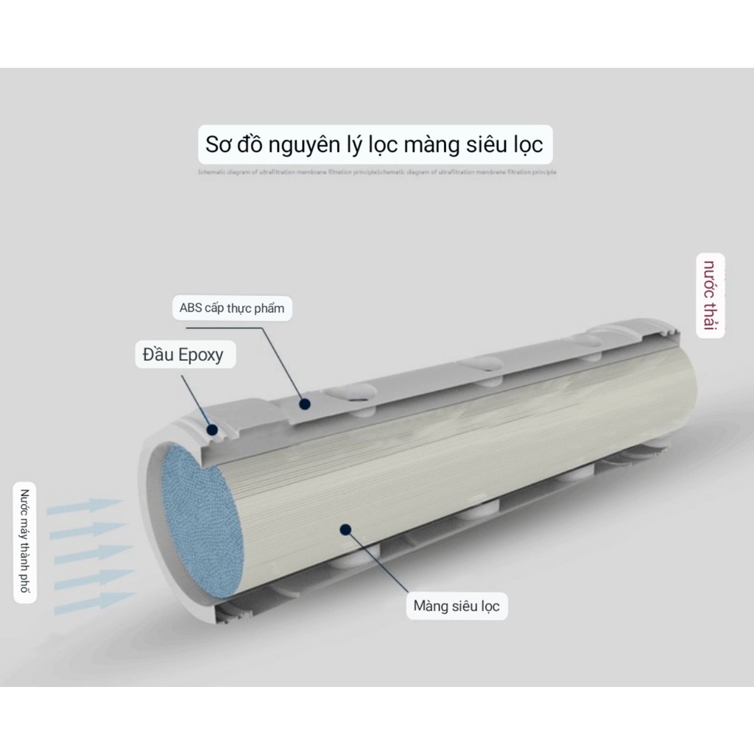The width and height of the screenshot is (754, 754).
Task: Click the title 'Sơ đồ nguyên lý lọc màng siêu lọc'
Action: coord(374,144)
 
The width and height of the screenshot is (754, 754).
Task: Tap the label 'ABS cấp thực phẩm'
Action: coord(231,308)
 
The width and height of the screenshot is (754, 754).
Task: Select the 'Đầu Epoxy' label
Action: coord(178,355)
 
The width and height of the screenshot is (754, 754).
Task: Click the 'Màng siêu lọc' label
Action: coord(457,607)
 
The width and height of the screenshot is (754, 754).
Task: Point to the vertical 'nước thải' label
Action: coord(711,295)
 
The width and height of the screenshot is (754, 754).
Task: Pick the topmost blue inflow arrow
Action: coord(85,507)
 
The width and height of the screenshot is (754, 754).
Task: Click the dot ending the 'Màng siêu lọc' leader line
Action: coord(343,528)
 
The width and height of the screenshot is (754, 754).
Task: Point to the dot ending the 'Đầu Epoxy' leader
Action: coord(211,429)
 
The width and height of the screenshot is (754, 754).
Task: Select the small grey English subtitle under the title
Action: coord(377,172)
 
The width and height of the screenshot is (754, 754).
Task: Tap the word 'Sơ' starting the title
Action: coord(219,144)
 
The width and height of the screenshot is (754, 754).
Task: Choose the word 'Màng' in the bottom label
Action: coord(430,607)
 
